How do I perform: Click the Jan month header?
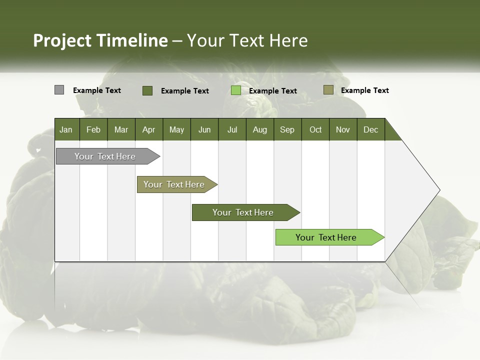click(x=66, y=129)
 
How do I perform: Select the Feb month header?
click(x=93, y=129)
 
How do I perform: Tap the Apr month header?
click(x=148, y=129)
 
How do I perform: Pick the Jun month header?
click(x=204, y=129)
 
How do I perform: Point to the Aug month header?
click(x=259, y=129)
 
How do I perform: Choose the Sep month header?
click(x=287, y=129)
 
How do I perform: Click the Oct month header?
click(x=315, y=129)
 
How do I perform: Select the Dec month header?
click(x=370, y=129)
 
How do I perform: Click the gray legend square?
click(x=59, y=90)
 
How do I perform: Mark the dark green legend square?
click(x=147, y=90)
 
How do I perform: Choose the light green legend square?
click(x=236, y=90)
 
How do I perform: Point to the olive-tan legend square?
click(x=328, y=90)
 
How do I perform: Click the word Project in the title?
click(x=62, y=40)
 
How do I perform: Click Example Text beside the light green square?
click(x=272, y=91)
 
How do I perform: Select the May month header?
click(x=176, y=129)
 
